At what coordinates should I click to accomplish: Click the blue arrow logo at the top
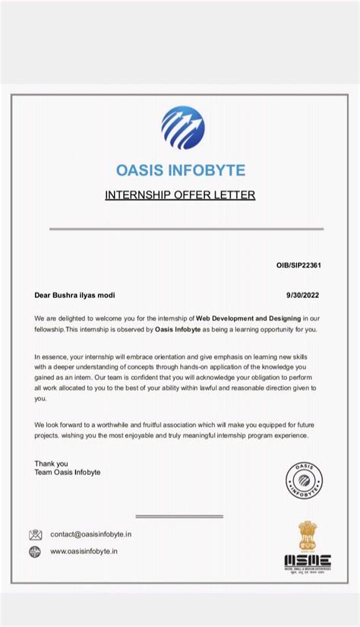[182, 128]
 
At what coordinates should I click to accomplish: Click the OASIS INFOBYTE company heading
[180, 169]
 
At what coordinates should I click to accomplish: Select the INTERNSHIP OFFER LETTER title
[180, 195]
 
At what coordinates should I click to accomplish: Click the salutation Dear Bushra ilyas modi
[75, 295]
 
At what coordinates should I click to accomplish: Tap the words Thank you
[51, 463]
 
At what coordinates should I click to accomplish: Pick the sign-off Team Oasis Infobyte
[68, 472]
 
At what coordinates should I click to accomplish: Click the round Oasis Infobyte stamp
[304, 480]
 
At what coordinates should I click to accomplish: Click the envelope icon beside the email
[36, 534]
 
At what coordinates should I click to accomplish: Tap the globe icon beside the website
[36, 552]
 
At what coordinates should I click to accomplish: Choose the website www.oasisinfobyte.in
[84, 552]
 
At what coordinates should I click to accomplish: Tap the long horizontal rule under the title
[187, 228]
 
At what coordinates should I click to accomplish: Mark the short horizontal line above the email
[179, 516]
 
